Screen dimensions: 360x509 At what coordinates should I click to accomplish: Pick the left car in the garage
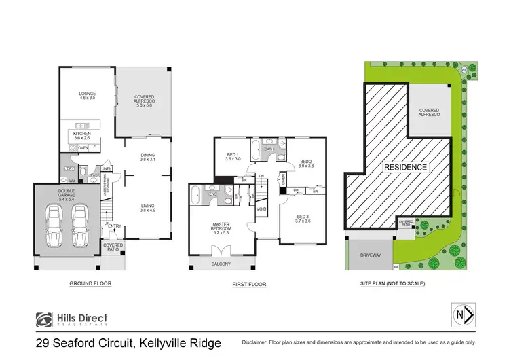(x=54, y=224)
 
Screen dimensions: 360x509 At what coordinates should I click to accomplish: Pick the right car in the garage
(x=79, y=224)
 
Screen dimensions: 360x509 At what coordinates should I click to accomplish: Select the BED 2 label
(x=305, y=164)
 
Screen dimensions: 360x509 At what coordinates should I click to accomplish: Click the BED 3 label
(x=302, y=219)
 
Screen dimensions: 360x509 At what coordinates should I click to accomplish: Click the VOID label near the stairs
(x=261, y=209)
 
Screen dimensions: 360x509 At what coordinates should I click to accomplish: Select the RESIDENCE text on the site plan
(x=407, y=167)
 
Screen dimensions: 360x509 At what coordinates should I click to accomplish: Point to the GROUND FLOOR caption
(x=90, y=283)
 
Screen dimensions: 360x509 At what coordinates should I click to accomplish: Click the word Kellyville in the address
(x=157, y=343)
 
